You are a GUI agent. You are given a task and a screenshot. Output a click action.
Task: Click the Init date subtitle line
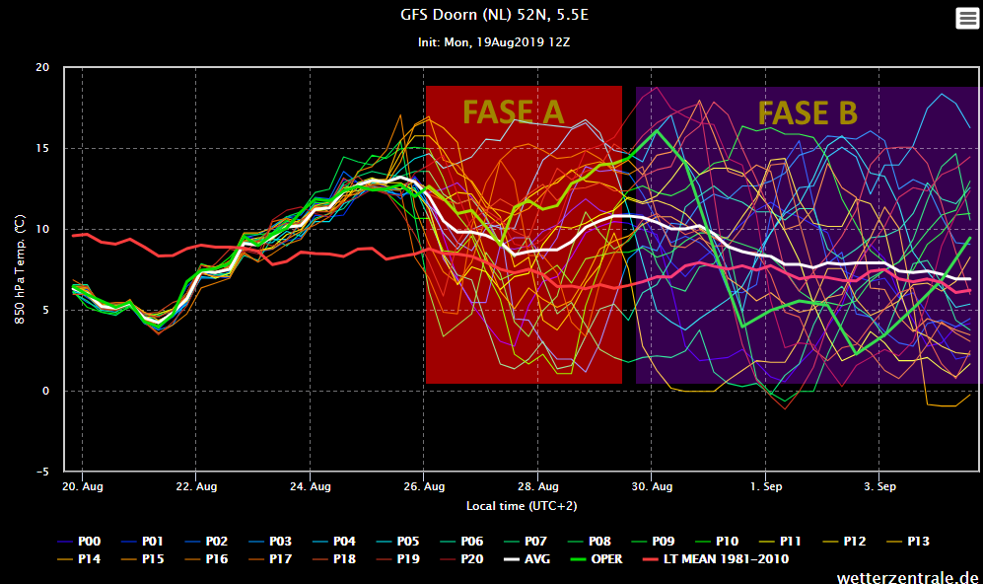(494, 42)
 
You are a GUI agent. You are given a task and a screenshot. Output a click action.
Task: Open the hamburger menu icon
(967, 18)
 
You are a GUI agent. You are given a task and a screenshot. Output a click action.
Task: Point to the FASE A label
(514, 112)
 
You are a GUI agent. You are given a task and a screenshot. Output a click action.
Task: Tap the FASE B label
(807, 112)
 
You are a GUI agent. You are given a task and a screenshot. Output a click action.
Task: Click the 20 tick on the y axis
(42, 67)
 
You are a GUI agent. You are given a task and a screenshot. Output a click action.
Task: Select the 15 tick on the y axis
(42, 148)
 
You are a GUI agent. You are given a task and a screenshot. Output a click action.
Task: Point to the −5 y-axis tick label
(42, 472)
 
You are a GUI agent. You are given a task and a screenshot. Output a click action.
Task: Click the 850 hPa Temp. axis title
(20, 269)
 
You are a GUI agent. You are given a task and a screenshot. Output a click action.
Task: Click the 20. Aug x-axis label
(83, 486)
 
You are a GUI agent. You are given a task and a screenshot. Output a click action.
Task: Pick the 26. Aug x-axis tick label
(424, 486)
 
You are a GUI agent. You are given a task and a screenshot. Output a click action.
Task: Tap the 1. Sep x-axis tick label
(766, 486)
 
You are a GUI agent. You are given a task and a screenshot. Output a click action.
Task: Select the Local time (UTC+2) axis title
(522, 506)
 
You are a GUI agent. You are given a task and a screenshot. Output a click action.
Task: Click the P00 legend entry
(79, 542)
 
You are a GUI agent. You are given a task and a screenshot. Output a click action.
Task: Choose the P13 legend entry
(908, 542)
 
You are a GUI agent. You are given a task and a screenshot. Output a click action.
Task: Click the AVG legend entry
(527, 559)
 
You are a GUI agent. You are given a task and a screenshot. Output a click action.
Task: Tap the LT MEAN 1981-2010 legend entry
(716, 559)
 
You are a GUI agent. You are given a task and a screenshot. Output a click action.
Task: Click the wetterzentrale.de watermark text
(907, 577)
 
